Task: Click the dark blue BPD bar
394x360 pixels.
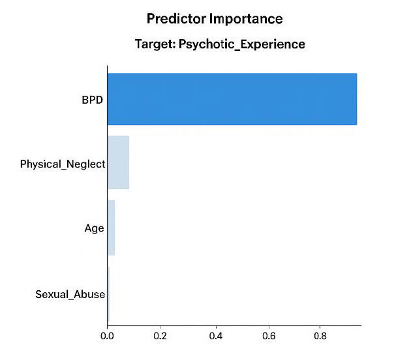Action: pyautogui.click(x=232, y=99)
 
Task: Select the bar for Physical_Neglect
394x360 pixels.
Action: pyautogui.click(x=118, y=162)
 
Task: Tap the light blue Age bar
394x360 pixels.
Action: pyautogui.click(x=112, y=228)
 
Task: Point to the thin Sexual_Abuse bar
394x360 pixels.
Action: pyautogui.click(x=108, y=294)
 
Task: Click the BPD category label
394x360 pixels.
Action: pyautogui.click(x=92, y=100)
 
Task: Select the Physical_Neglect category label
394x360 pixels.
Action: pyautogui.click(x=63, y=164)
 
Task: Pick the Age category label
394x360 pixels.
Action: pyautogui.click(x=94, y=229)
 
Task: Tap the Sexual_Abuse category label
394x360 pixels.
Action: pyautogui.click(x=70, y=294)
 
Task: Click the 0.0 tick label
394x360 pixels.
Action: pyautogui.click(x=107, y=336)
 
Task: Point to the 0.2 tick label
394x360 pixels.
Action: pyautogui.click(x=160, y=336)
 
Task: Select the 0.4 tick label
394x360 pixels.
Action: pyautogui.click(x=216, y=336)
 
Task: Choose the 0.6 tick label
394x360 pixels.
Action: pyautogui.click(x=269, y=336)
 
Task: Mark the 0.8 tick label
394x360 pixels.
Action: pyautogui.click(x=320, y=336)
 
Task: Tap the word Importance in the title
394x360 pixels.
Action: pyautogui.click(x=246, y=19)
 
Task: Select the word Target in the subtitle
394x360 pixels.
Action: pyautogui.click(x=155, y=44)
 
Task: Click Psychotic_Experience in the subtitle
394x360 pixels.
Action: pyautogui.click(x=242, y=44)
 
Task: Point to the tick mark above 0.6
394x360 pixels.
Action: pyautogui.click(x=269, y=327)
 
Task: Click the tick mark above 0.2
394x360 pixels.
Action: pyautogui.click(x=160, y=327)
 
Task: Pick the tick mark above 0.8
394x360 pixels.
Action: pyautogui.click(x=320, y=327)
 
